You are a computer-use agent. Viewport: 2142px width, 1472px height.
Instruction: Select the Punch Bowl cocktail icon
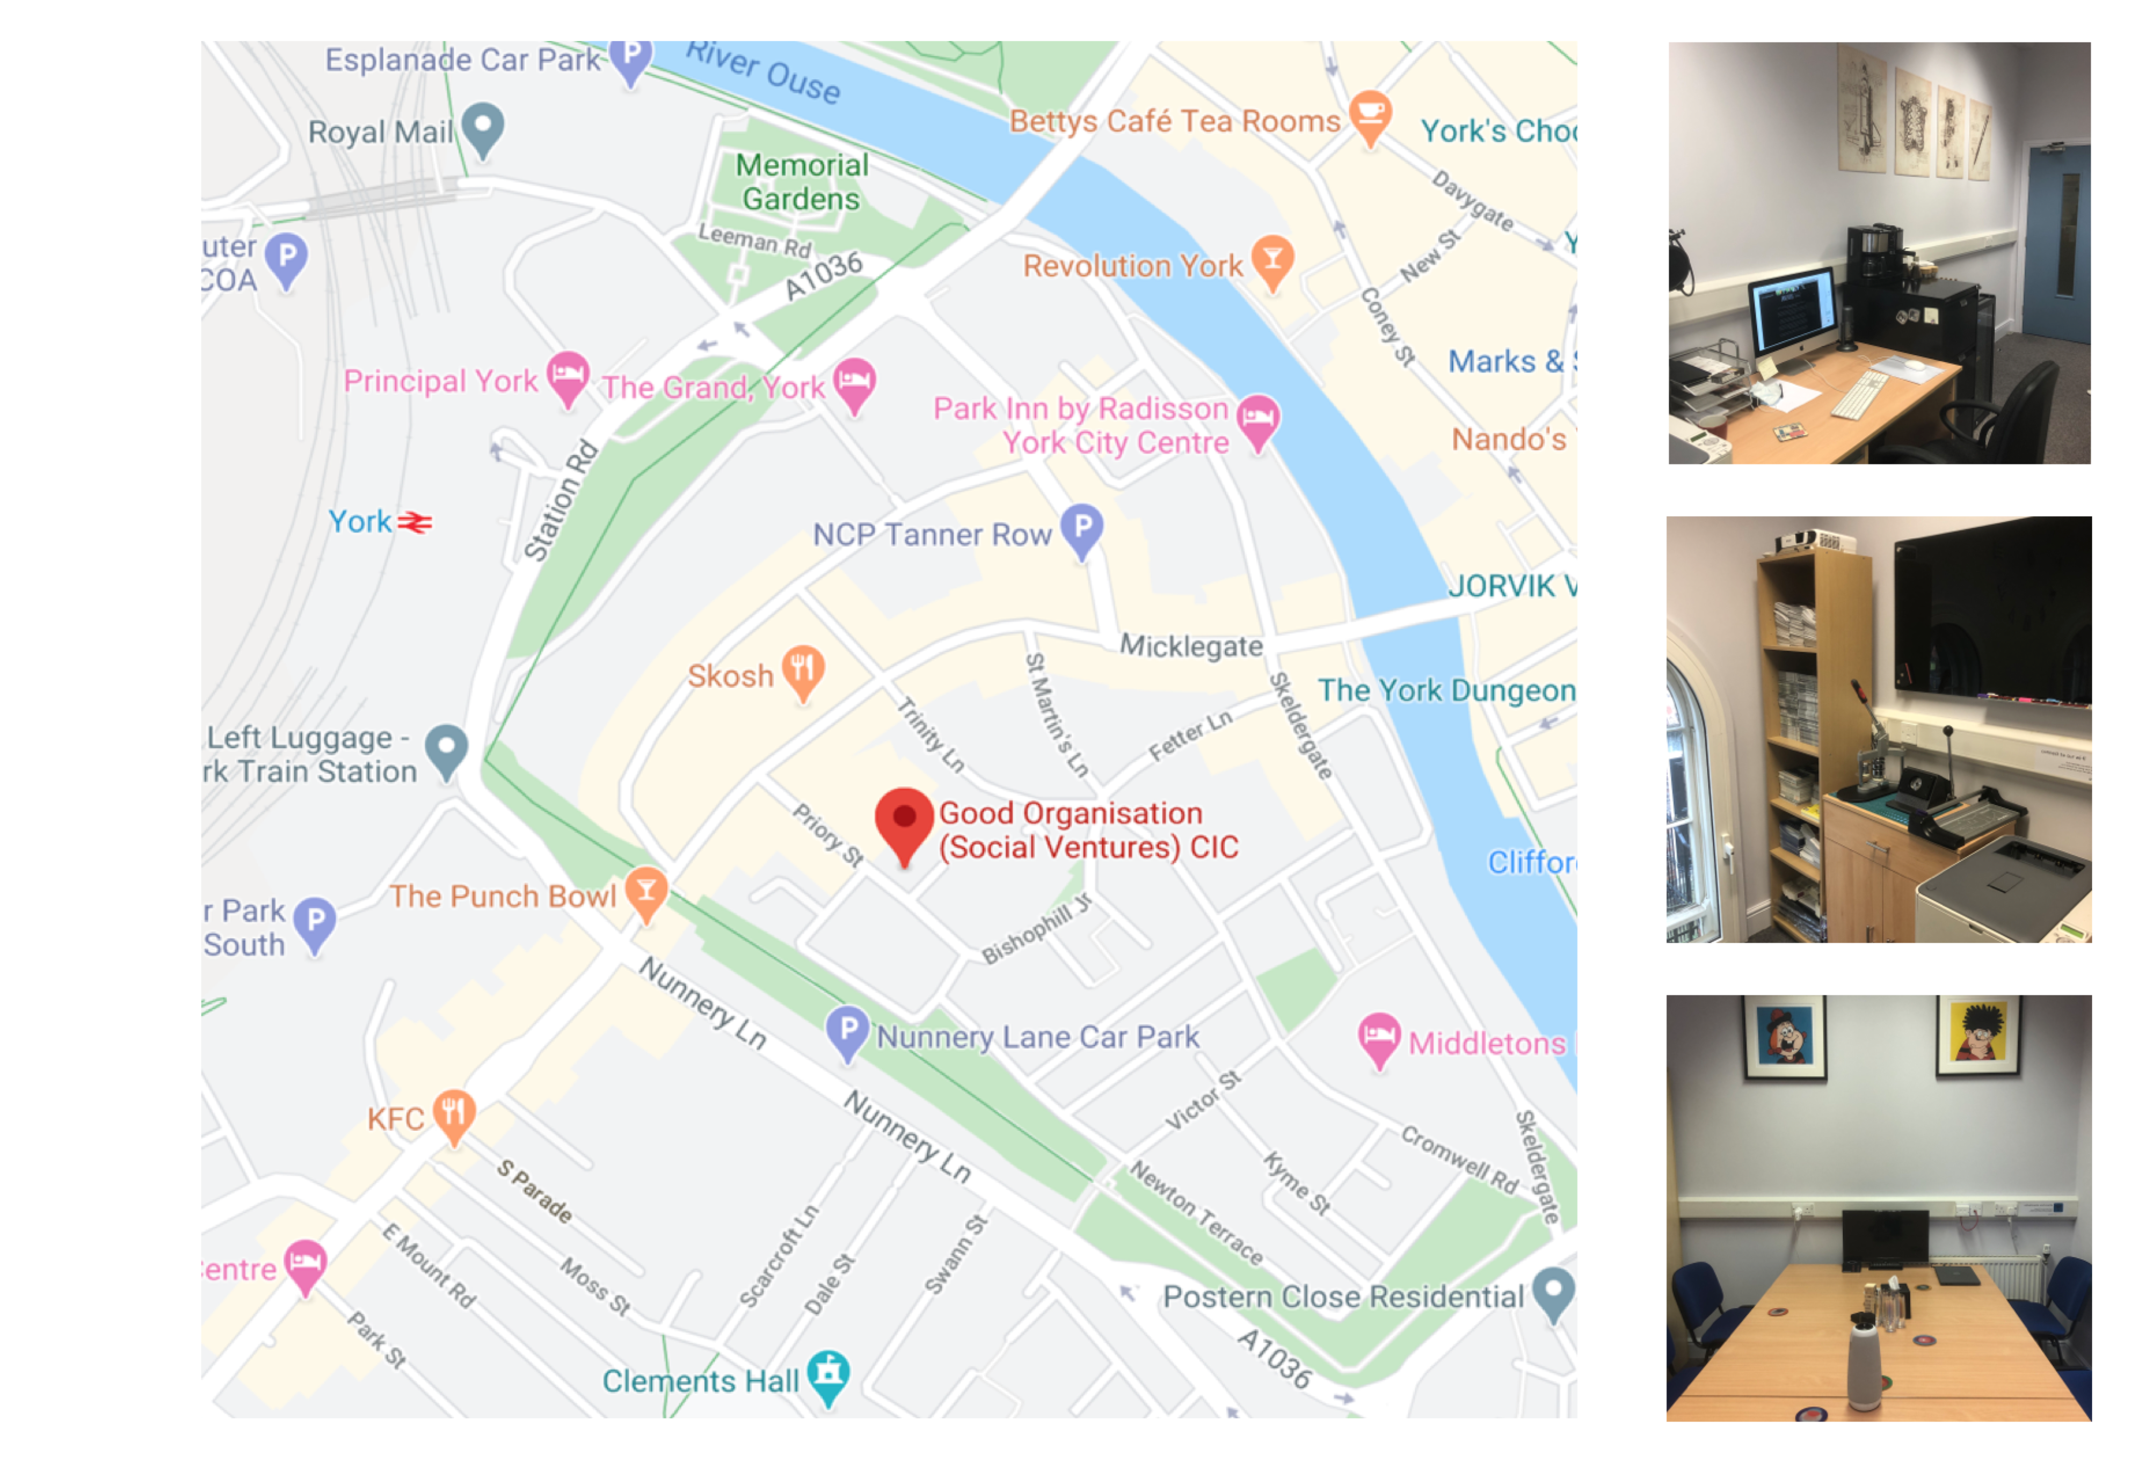click(646, 890)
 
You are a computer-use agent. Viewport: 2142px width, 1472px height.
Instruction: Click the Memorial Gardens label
click(801, 182)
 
